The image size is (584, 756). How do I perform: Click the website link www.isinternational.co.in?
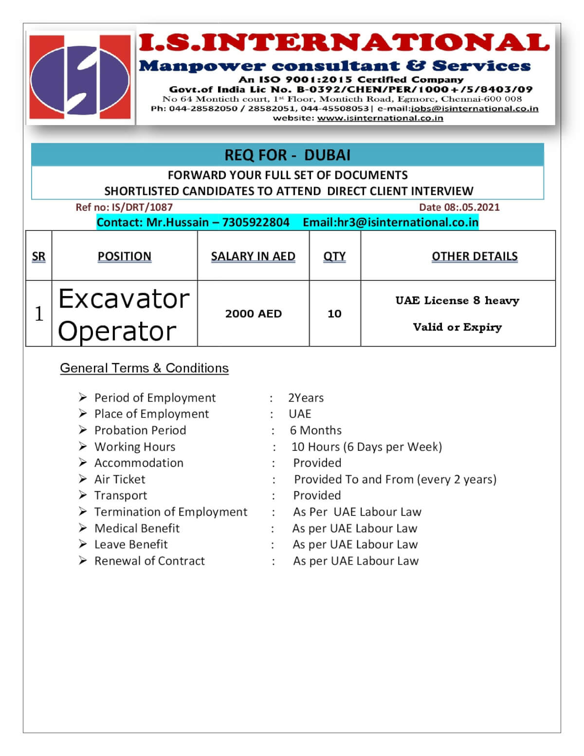[x=380, y=118]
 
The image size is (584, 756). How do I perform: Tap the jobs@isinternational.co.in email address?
[x=474, y=109]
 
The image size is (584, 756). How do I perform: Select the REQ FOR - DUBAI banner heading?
[x=287, y=155]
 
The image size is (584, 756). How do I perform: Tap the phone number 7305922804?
[x=255, y=222]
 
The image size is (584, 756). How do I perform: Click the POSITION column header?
[x=124, y=256]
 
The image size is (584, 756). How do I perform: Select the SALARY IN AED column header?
[x=253, y=256]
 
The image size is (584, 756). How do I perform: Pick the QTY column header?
[x=334, y=256]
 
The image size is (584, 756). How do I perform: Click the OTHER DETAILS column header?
[x=474, y=256]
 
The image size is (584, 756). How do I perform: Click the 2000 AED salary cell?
[x=253, y=313]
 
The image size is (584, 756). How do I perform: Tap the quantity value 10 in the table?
[x=334, y=313]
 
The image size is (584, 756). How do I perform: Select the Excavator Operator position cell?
[x=124, y=314]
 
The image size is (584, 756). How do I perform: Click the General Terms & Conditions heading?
[x=144, y=368]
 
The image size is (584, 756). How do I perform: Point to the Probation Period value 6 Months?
[x=316, y=430]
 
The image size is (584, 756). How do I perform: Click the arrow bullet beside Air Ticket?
[x=83, y=479]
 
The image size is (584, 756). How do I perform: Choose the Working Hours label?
[x=135, y=447]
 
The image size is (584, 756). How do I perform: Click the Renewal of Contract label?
[x=149, y=561]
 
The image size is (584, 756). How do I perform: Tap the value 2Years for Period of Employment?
[x=306, y=398]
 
